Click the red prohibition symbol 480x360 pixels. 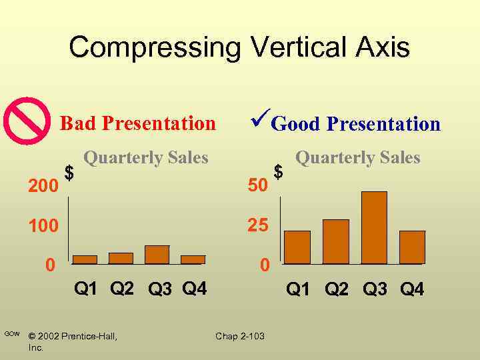(27, 121)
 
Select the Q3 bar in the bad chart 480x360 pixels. (157, 255)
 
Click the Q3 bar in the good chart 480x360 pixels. (374, 227)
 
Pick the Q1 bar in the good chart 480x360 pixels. (297, 247)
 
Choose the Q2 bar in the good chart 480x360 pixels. (336, 241)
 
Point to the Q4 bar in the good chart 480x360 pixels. (412, 247)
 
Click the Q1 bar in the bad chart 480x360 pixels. (85, 259)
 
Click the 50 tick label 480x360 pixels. (257, 186)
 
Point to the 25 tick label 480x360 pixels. (257, 226)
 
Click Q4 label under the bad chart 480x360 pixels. (194, 289)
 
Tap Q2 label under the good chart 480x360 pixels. (336, 289)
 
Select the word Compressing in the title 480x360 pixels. (154, 47)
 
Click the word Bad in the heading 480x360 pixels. (77, 123)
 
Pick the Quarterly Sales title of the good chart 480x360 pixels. (357, 158)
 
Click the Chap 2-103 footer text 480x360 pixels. (239, 336)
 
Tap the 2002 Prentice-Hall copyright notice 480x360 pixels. (73, 336)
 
